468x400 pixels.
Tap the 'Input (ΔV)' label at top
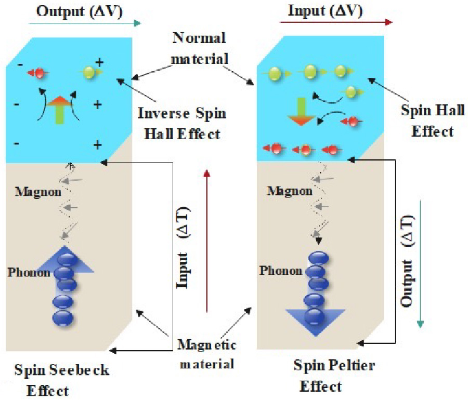click(326, 10)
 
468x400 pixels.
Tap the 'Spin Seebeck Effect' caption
click(61, 379)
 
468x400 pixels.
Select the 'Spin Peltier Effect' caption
click(334, 375)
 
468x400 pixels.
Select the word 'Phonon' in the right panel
click(280, 270)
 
